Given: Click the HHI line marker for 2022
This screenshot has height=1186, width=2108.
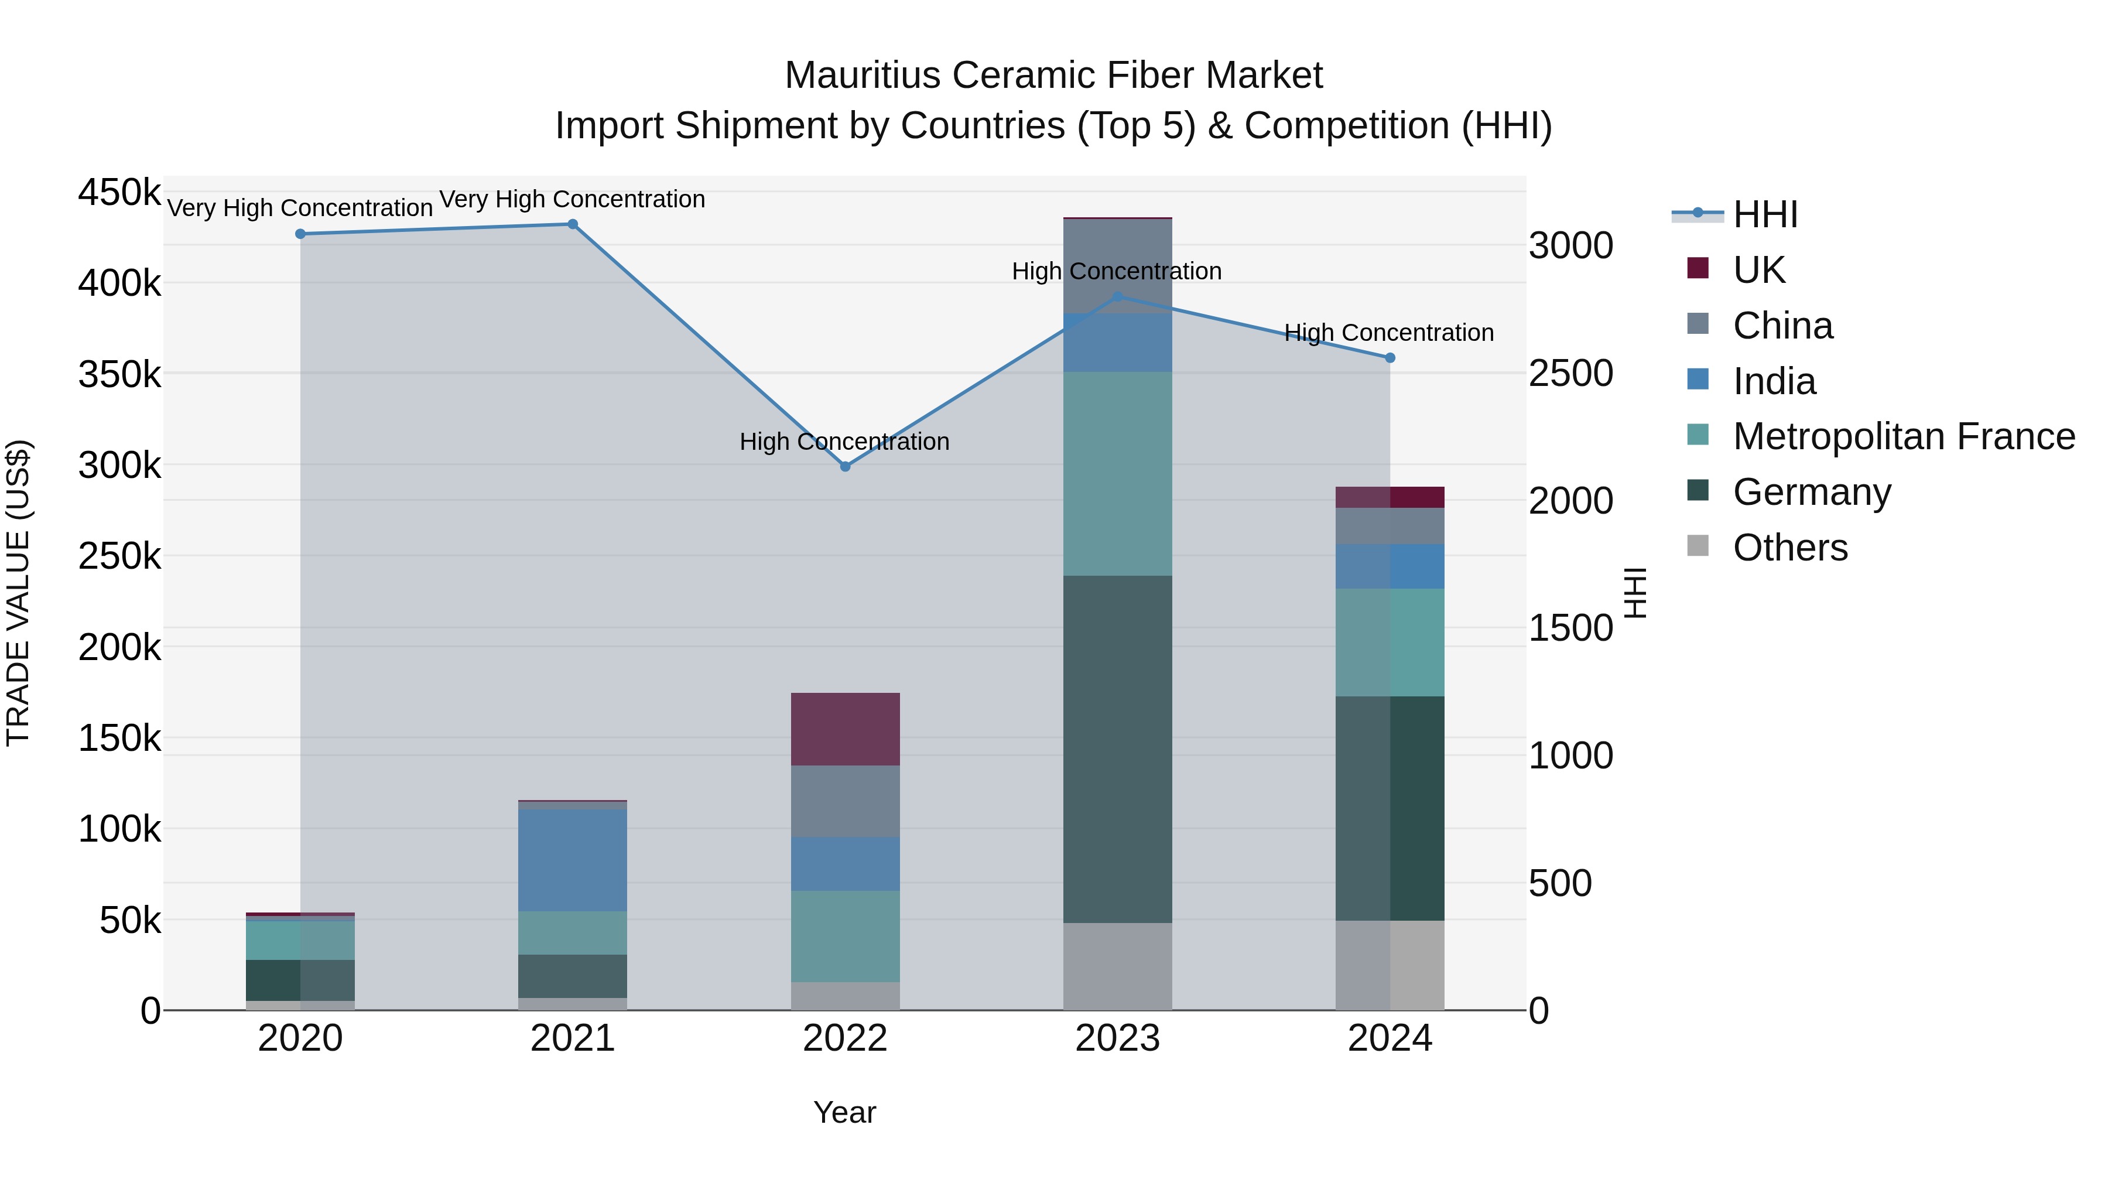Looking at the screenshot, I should (846, 467).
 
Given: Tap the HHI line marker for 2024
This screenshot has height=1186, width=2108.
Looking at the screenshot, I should (1390, 358).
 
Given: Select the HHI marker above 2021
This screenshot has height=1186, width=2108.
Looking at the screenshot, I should (573, 224).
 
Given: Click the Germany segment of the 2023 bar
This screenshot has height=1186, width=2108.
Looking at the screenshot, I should (1117, 749).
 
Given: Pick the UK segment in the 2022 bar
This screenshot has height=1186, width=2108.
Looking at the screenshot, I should (846, 729).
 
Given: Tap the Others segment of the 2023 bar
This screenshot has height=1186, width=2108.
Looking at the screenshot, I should (1117, 966).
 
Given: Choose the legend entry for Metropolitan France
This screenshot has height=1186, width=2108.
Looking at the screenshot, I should (1902, 436).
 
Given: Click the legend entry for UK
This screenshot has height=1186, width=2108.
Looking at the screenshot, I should (1758, 269).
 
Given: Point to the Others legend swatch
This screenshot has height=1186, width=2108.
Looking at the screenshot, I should (1698, 546).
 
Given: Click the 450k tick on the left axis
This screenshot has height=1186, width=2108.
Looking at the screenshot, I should (119, 193).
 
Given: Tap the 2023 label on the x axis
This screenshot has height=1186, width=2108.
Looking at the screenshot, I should (1117, 1038).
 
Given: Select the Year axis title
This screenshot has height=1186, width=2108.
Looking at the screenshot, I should (844, 1112).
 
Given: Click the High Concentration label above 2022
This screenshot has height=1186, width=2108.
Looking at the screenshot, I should (844, 442).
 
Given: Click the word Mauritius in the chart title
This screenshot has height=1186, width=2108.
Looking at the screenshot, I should (863, 76).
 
